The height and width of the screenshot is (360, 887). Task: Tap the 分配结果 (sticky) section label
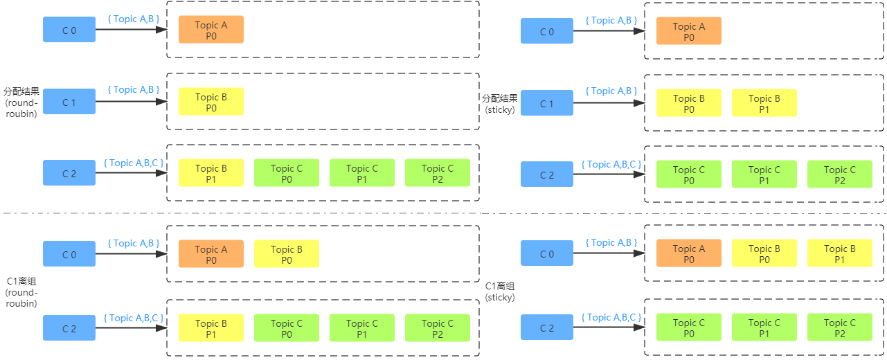[x=500, y=103]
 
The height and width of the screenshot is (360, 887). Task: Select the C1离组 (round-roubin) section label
[x=21, y=291]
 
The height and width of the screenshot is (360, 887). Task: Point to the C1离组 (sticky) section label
[x=500, y=291]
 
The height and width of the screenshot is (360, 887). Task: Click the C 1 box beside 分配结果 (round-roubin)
[x=69, y=102]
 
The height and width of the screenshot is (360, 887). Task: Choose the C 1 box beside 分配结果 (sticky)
[x=547, y=103]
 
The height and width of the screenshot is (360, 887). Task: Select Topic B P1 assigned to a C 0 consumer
[x=839, y=254]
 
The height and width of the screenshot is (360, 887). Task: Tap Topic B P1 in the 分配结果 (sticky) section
[x=764, y=103]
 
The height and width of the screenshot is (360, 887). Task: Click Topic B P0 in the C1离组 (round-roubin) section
[x=286, y=254]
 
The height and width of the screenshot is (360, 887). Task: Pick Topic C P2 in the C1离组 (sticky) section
[x=839, y=328]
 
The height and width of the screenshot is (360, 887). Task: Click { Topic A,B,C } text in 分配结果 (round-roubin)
[x=134, y=163]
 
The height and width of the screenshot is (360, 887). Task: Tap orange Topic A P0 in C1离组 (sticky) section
[x=688, y=254]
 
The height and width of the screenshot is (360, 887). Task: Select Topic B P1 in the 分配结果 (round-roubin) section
[x=210, y=173]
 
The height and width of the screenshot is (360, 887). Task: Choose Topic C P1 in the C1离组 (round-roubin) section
[x=361, y=328]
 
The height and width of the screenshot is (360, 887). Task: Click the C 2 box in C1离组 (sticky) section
[x=547, y=328]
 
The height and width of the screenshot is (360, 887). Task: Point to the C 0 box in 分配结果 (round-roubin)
[x=69, y=30]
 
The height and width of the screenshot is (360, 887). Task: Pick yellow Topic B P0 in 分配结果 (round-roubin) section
[x=210, y=102]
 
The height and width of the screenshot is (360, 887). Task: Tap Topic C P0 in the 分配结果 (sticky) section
[x=688, y=174]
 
